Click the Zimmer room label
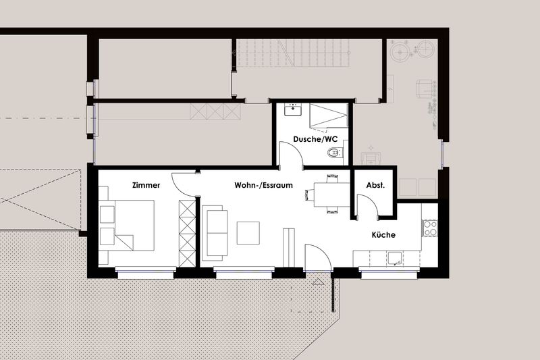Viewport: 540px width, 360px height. click(x=146, y=185)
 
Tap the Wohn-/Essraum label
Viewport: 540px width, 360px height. click(x=263, y=185)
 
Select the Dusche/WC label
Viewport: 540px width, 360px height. click(x=315, y=139)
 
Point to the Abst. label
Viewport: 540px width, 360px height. click(x=375, y=185)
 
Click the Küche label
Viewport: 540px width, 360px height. click(x=383, y=235)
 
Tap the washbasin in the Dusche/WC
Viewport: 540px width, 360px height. click(x=293, y=109)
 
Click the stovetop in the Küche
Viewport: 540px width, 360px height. click(x=430, y=228)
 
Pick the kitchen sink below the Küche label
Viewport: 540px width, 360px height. click(x=395, y=258)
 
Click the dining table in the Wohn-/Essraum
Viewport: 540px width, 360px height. click(x=331, y=195)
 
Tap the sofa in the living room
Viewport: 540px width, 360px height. click(x=215, y=233)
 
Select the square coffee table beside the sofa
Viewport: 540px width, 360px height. click(x=248, y=233)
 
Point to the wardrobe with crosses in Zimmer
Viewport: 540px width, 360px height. click(x=187, y=233)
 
